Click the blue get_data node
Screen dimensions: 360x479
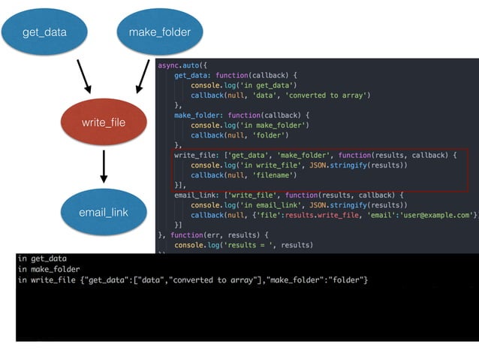44,32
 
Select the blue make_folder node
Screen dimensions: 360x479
160,32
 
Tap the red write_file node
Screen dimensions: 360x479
103,122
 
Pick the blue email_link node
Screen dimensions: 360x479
103,212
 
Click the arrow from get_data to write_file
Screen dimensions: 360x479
83,76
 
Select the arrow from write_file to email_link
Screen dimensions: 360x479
104,167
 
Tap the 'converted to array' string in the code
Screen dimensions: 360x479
329,95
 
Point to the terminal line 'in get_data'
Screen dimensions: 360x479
42,259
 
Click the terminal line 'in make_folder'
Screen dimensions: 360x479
49,269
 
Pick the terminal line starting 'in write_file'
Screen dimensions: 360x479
192,280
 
